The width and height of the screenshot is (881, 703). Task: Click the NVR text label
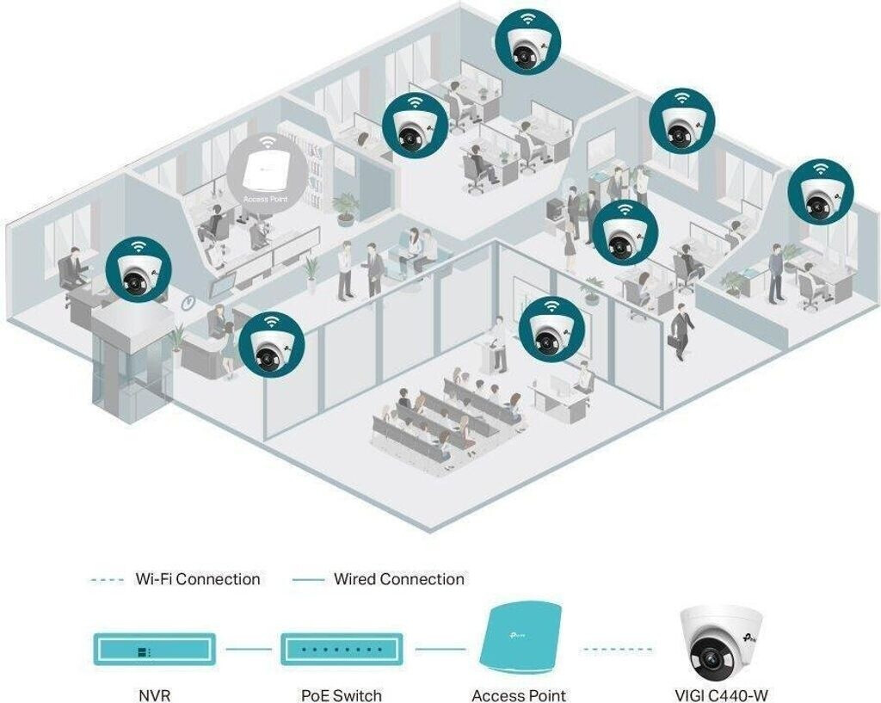coord(155,695)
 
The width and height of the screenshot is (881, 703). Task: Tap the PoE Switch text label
coord(342,695)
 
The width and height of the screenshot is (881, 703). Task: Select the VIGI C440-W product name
coord(721,695)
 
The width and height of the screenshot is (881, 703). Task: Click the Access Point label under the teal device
coord(519,695)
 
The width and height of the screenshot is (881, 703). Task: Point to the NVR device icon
coord(155,650)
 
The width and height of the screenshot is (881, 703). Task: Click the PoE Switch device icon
coord(342,650)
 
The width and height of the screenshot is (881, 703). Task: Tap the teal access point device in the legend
coord(521,638)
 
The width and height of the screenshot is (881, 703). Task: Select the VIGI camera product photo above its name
coord(722,643)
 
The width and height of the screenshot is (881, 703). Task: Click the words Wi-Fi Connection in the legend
coord(198,579)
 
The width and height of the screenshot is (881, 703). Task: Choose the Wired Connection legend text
coord(399,579)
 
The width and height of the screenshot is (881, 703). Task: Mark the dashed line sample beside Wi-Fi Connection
coord(107,580)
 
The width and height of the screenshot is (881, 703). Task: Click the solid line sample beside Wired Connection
coord(308,580)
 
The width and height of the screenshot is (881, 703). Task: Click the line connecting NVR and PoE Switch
coord(249,650)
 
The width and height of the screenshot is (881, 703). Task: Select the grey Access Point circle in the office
coord(268,172)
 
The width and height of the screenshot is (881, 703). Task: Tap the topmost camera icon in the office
coord(527,41)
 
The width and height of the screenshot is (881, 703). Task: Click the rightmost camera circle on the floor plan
coord(821,192)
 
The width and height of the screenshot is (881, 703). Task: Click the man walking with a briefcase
coord(681,331)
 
